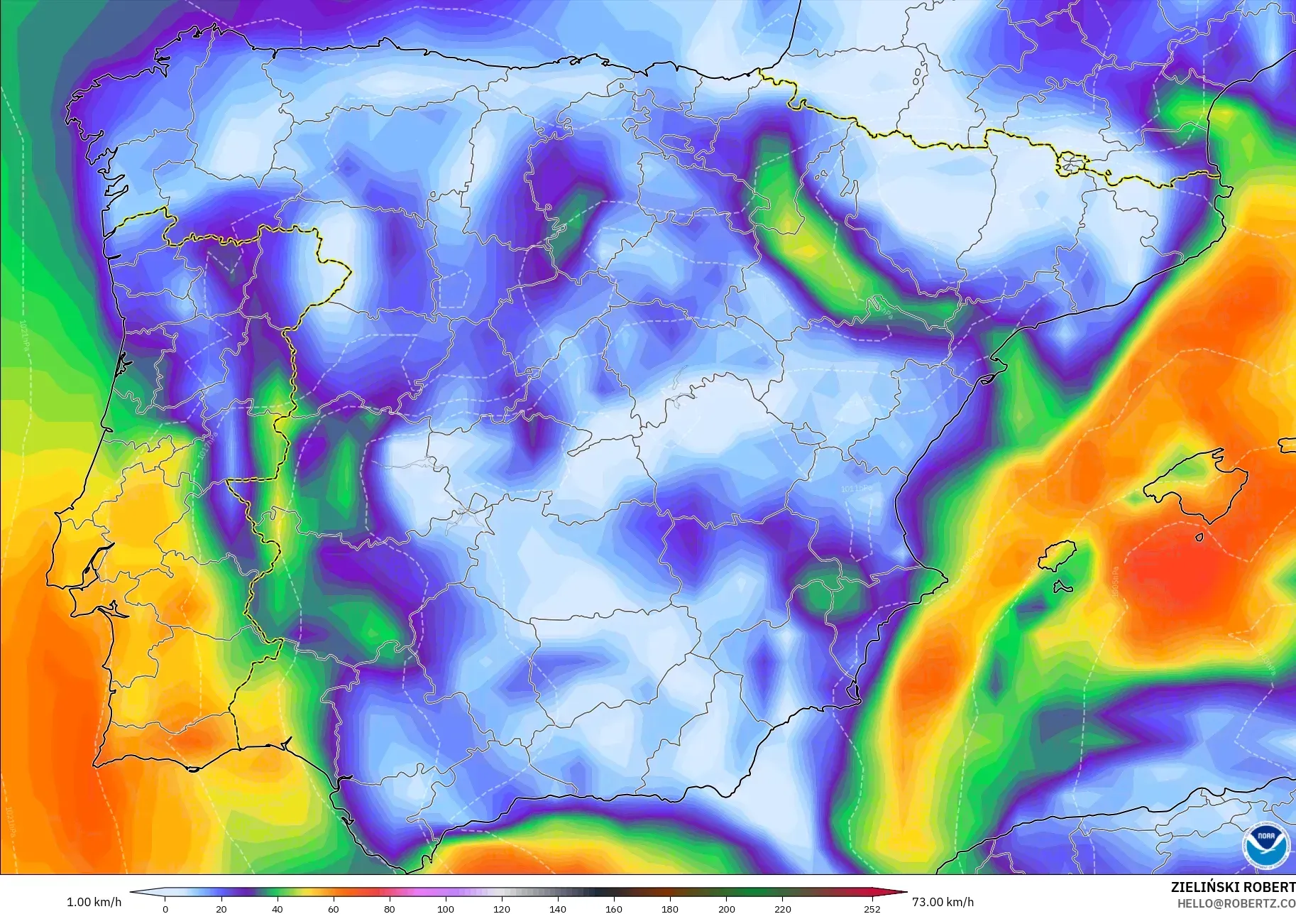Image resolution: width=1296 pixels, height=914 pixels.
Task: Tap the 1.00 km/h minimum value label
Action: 94,902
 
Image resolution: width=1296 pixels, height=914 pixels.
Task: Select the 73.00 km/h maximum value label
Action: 943,902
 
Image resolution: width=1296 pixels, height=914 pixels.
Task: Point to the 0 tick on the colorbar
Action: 165,908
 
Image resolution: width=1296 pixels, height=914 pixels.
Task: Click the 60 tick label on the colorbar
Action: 333,908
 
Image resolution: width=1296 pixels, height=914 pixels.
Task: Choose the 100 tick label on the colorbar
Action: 445,908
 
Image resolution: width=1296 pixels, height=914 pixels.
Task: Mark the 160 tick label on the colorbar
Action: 613,908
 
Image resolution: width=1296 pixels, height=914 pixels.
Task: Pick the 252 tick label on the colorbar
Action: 872,908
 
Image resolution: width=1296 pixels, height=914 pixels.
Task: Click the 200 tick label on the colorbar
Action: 726,908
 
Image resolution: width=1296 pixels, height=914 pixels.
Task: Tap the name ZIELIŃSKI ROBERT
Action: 1233,887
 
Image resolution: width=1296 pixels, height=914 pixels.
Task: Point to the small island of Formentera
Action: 1062,587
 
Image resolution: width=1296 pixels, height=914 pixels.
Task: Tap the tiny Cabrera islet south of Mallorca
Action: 1199,537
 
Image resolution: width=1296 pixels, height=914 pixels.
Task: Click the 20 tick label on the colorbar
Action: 221,908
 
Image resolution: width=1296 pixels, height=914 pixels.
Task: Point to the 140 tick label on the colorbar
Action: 557,908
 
